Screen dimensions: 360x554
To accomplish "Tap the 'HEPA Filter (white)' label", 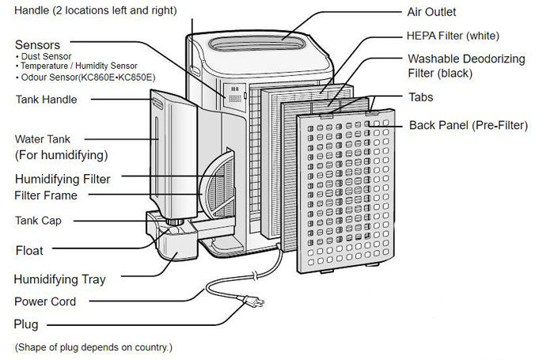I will click(x=453, y=36).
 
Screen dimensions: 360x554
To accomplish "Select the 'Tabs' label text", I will click(x=421, y=97).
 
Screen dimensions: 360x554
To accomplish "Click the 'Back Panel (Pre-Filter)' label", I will click(x=468, y=125).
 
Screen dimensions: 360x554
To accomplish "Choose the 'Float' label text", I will click(x=29, y=251).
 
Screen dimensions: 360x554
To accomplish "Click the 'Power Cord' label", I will click(x=45, y=301).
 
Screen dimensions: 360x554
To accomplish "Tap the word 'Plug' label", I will click(x=25, y=324).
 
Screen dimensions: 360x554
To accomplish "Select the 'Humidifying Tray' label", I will click(x=60, y=279).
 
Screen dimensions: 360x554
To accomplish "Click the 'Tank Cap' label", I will click(x=39, y=221).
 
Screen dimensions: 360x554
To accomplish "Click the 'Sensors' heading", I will click(x=37, y=45).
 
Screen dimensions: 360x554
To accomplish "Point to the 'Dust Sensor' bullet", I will click(x=45, y=57).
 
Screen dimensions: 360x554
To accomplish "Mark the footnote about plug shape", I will click(x=93, y=347).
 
